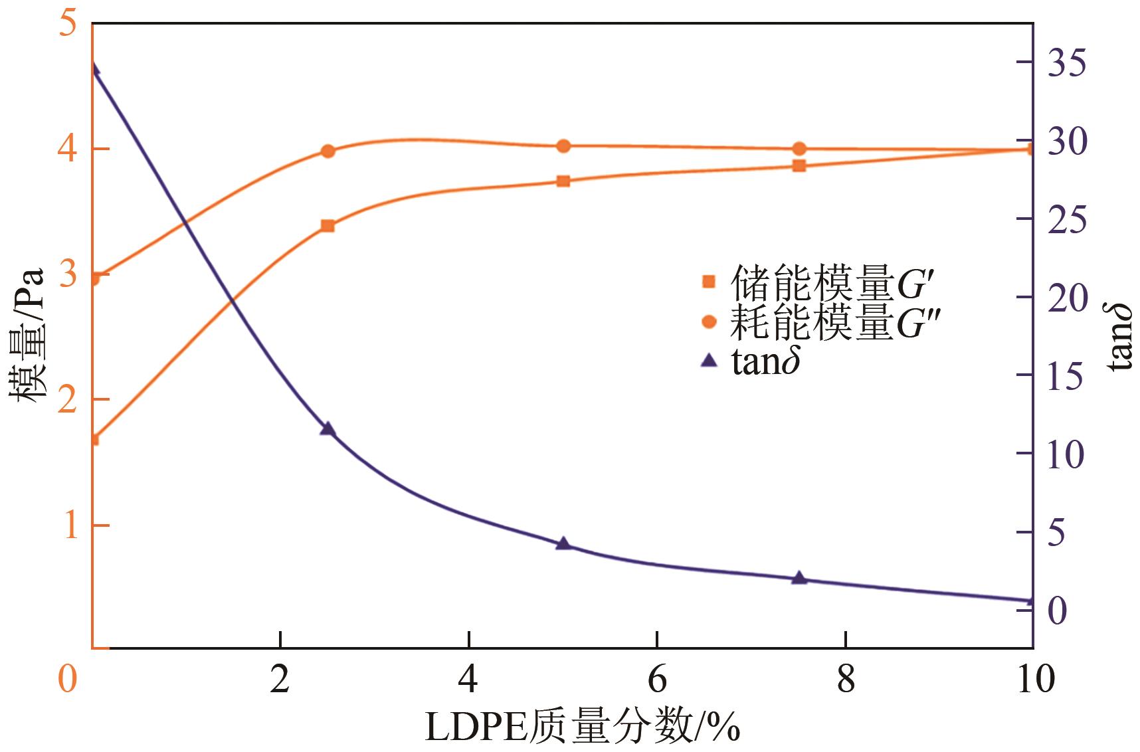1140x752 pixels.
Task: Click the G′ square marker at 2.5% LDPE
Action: point(327,226)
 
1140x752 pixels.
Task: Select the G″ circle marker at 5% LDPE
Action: point(563,146)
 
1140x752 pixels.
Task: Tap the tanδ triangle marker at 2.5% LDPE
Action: point(327,429)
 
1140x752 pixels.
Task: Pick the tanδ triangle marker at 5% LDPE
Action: point(563,543)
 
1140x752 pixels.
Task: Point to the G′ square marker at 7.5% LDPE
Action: point(799,165)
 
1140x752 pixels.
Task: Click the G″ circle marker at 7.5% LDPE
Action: point(799,149)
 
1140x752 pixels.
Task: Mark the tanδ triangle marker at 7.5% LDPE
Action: point(799,578)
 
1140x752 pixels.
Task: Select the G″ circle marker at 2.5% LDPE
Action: point(327,151)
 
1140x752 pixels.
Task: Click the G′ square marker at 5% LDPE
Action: point(563,181)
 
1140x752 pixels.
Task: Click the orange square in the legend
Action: point(709,282)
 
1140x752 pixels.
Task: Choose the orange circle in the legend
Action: point(709,322)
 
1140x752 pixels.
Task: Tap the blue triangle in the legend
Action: point(709,361)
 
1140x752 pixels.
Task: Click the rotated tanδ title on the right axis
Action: point(1120,336)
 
